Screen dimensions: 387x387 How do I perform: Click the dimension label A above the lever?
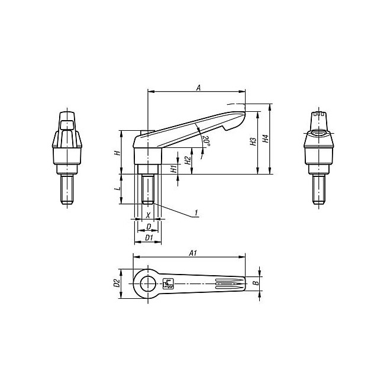[198, 88]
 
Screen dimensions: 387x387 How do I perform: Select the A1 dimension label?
[193, 253]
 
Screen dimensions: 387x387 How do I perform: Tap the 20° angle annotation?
[207, 141]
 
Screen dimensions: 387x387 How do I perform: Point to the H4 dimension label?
[265, 138]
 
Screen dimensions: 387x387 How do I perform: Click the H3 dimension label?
[253, 141]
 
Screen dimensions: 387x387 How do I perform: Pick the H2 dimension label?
[188, 161]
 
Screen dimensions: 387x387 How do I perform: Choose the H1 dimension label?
[174, 169]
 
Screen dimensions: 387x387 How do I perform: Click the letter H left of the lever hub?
[118, 153]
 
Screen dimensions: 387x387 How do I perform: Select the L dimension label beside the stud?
[118, 189]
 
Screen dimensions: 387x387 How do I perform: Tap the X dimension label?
[148, 215]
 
